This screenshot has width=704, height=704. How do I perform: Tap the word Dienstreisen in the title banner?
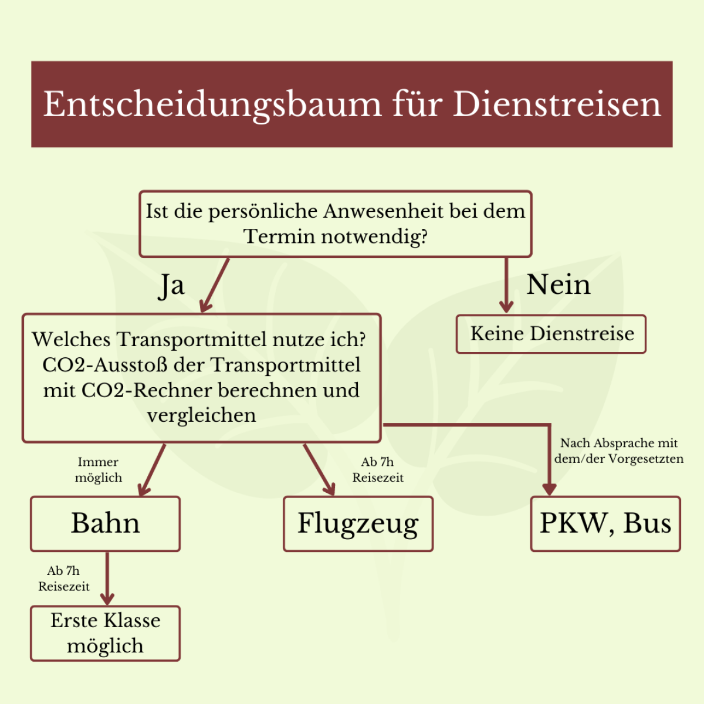[x=557, y=104]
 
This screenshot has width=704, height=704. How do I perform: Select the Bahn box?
[x=105, y=523]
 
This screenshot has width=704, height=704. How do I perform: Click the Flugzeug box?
[x=358, y=523]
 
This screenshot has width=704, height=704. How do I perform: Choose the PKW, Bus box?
[x=605, y=523]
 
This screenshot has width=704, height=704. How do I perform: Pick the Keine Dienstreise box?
[x=551, y=334]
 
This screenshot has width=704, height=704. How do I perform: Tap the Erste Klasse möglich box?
[x=105, y=633]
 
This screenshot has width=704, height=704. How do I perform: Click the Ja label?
[x=171, y=286]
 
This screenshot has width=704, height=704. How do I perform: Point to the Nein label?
[x=558, y=285]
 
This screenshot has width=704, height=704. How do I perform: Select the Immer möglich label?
[x=99, y=470]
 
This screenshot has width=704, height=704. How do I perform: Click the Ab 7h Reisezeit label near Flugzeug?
[x=378, y=470]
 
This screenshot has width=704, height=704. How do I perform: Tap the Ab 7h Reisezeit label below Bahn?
[x=64, y=578]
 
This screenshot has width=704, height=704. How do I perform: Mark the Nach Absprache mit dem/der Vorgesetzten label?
[x=619, y=451]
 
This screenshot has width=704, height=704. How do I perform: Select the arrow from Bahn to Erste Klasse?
[x=107, y=578]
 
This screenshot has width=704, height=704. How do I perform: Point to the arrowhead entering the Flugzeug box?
[x=329, y=488]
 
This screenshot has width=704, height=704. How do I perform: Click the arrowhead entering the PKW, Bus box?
[x=549, y=489]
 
